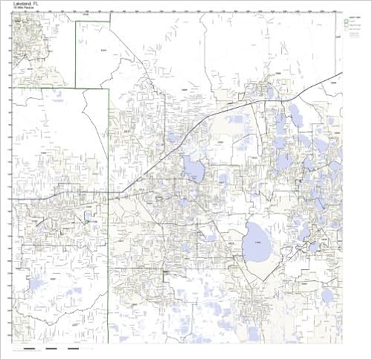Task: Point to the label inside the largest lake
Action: tap(257, 242)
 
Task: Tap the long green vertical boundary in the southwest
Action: tap(109, 223)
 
